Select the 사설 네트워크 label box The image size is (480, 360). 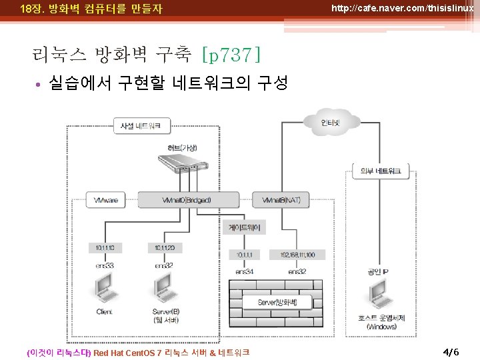pos(145,125)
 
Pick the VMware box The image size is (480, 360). pos(106,199)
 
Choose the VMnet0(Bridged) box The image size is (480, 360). pos(187,199)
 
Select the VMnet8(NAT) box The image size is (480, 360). pos(281,199)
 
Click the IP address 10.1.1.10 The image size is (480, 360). pos(105,248)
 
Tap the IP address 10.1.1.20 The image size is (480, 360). pos(164,248)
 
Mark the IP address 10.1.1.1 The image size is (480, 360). pos(245,255)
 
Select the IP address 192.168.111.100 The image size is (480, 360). pos(297,255)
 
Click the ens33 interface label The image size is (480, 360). pos(104,265)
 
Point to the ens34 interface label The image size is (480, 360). pos(245,271)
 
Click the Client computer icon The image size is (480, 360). pos(104,288)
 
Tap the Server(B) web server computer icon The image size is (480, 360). pos(165,288)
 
